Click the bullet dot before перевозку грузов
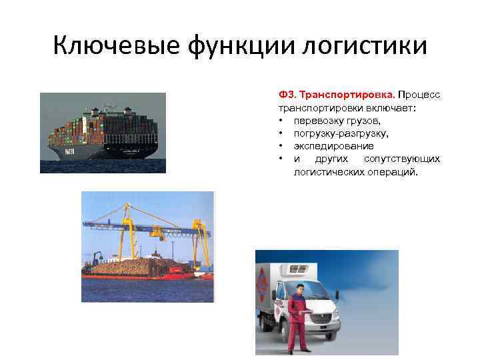pos(283,120)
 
